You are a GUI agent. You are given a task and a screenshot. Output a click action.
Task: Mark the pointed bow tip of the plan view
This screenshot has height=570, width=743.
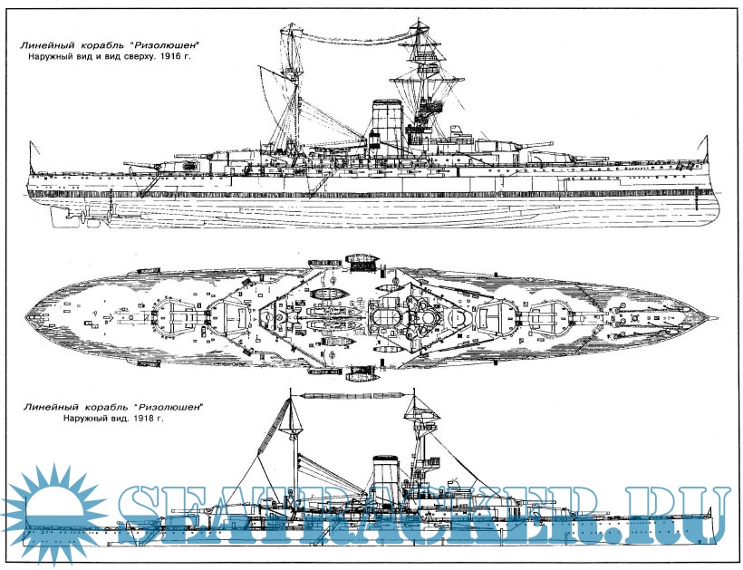(716, 318)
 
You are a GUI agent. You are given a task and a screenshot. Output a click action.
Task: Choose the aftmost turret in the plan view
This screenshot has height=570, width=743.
(172, 317)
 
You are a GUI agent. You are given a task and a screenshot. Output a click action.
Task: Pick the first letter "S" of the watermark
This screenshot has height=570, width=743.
(150, 515)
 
